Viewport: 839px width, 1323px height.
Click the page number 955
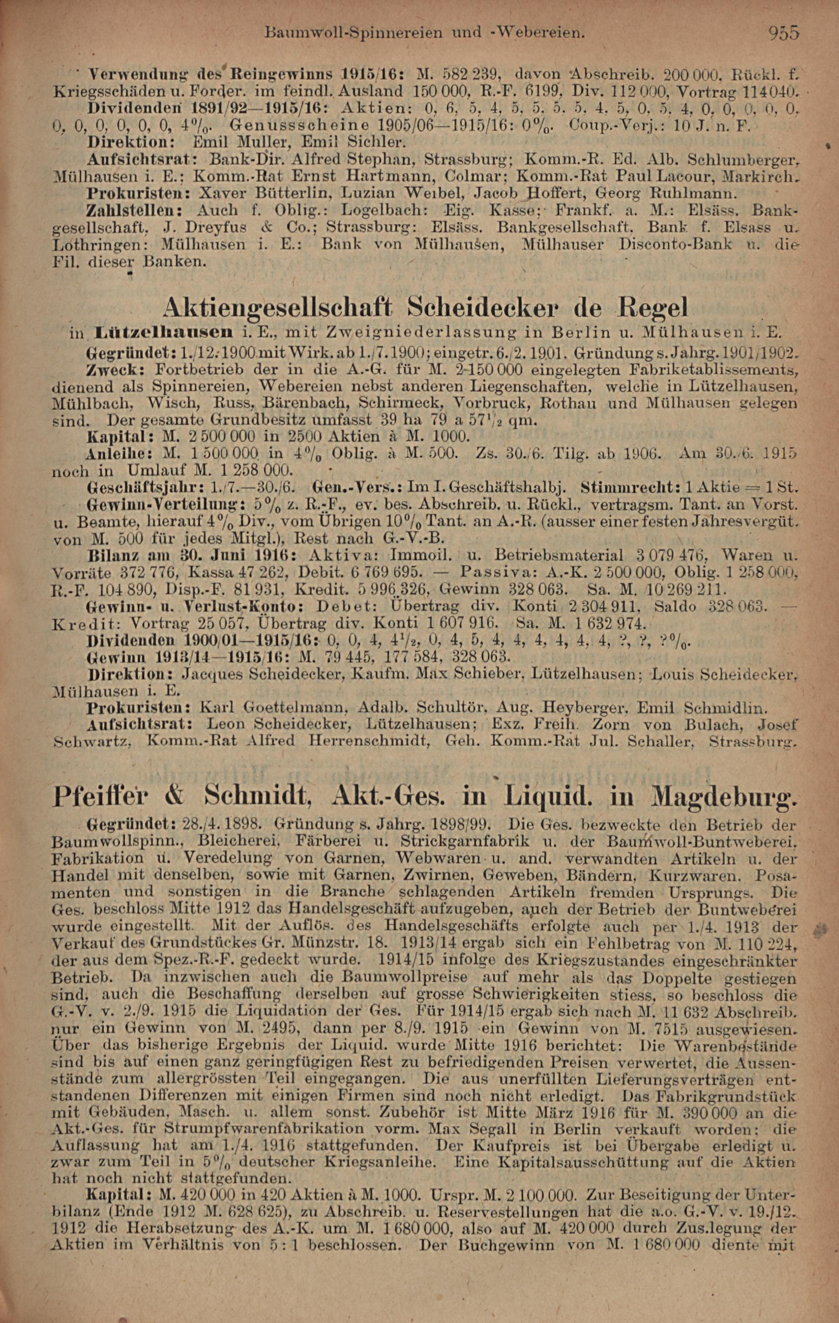pos(784,33)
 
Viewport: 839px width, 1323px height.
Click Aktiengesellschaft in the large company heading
pos(277,308)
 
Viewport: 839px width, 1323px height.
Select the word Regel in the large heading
pos(654,308)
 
